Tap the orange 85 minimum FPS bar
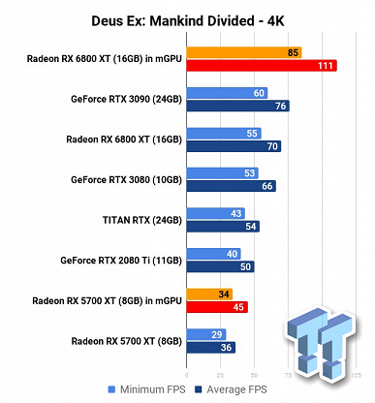242,52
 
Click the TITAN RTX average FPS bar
222,226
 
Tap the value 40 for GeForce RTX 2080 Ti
233,254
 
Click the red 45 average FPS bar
216,307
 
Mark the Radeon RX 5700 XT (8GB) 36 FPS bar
209,347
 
